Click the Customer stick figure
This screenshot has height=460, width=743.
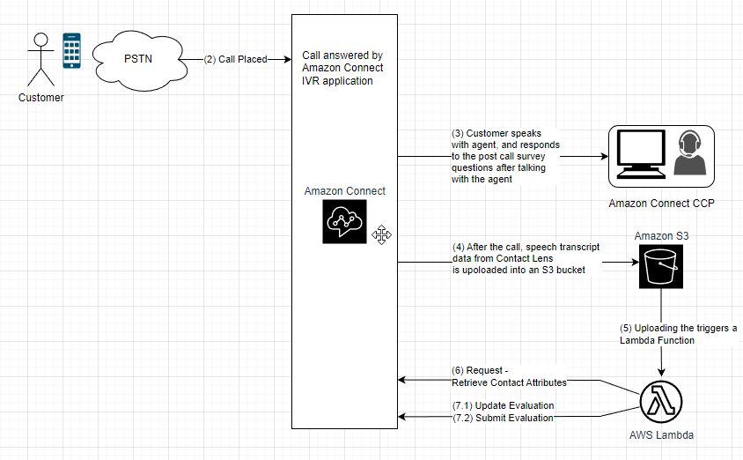coord(40,59)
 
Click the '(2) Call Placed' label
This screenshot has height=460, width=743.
coord(235,59)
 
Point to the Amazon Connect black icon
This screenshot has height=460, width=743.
coord(344,221)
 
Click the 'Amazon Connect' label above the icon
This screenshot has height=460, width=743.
coord(345,191)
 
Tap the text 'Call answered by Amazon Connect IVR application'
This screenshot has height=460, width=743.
coord(342,68)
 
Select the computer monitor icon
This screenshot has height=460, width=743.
coord(641,156)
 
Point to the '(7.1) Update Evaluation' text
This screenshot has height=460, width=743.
coord(503,405)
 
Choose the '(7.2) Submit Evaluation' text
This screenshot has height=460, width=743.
coord(503,418)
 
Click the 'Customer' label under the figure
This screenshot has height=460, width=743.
coord(41,98)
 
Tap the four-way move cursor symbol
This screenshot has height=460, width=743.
coord(381,234)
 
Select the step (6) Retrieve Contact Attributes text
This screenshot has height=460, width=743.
coord(509,376)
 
